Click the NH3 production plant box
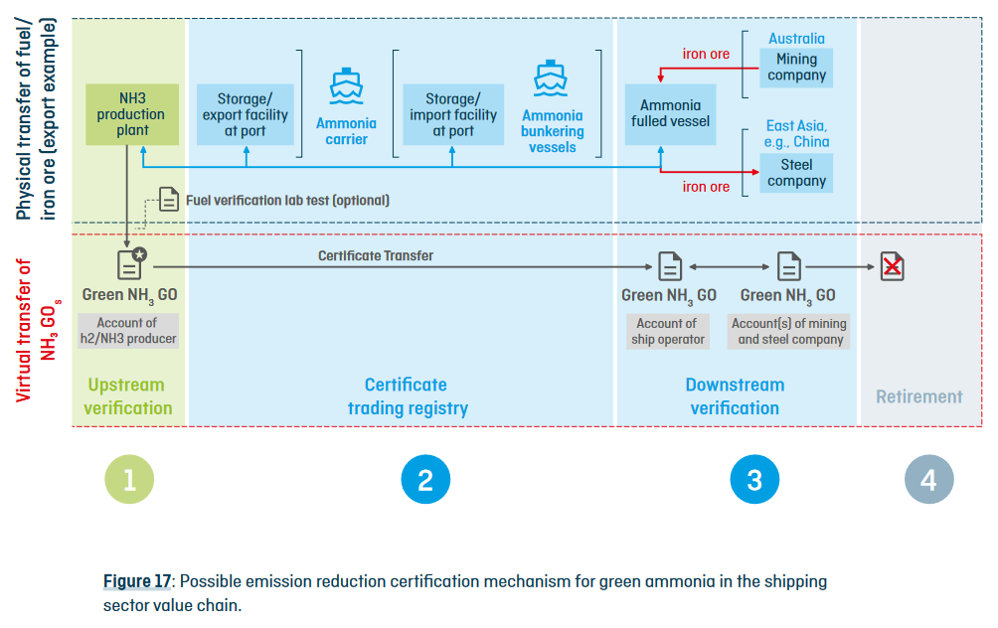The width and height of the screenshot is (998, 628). (132, 114)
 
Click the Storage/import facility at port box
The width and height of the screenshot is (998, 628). (452, 114)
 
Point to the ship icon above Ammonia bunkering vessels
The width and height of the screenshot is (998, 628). (552, 78)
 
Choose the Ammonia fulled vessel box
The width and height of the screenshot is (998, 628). (670, 113)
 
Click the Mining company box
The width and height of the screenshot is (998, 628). (796, 67)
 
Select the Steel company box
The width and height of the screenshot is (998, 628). (796, 173)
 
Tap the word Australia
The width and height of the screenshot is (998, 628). (796, 39)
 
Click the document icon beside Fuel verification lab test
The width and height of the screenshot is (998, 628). (170, 200)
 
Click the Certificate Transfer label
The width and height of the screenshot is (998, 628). (376, 255)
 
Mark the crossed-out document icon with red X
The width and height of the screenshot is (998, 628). (893, 266)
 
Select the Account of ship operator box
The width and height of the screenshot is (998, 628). (667, 331)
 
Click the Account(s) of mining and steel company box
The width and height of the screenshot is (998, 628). (789, 331)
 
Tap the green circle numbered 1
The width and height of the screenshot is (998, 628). (129, 481)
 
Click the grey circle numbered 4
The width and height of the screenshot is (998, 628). (927, 481)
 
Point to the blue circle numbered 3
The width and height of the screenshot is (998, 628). (753, 481)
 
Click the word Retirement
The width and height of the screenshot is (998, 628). (918, 396)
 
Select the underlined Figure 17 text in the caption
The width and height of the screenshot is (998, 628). (137, 581)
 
